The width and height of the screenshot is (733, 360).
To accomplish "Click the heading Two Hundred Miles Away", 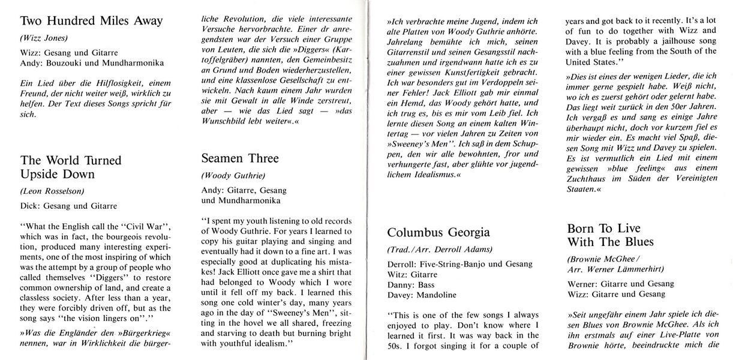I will (x=91, y=21).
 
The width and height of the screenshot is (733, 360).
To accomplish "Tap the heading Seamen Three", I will (x=241, y=159).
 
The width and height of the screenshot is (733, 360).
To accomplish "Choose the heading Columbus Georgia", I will (x=438, y=232).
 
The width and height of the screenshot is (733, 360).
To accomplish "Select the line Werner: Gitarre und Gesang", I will (x=620, y=283).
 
